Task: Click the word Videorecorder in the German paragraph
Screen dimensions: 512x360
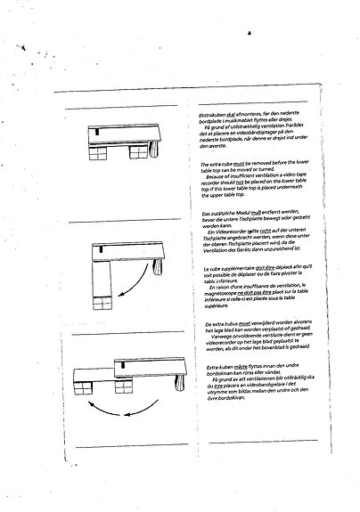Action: [235, 230]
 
